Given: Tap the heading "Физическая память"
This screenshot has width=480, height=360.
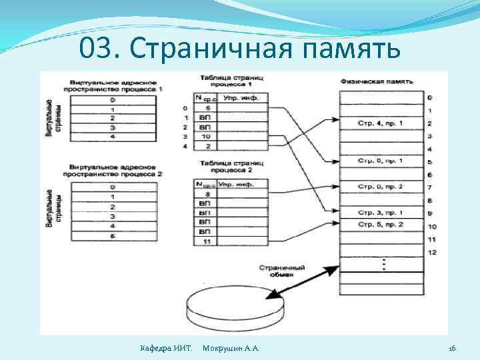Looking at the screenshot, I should pyautogui.click(x=376, y=81).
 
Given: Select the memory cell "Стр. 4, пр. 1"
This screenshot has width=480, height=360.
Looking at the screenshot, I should pyautogui.click(x=381, y=123).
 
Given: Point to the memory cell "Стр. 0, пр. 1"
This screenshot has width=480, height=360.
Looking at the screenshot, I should pyautogui.click(x=381, y=161).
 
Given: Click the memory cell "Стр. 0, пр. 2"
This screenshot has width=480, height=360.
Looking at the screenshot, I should pyautogui.click(x=381, y=187).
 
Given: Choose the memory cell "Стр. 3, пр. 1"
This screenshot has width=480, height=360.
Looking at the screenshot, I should pyautogui.click(x=381, y=212).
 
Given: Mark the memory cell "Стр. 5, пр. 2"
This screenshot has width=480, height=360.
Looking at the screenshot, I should pyautogui.click(x=381, y=225).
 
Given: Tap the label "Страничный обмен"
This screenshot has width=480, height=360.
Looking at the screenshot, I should pyautogui.click(x=283, y=271).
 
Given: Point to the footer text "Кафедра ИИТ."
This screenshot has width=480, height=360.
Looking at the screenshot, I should pyautogui.click(x=165, y=349).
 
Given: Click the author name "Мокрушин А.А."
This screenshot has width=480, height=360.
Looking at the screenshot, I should pyautogui.click(x=231, y=349).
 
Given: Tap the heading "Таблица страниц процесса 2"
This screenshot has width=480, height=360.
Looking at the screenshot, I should pyautogui.click(x=228, y=166).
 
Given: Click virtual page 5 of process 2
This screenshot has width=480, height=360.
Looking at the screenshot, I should pyautogui.click(x=112, y=235).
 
